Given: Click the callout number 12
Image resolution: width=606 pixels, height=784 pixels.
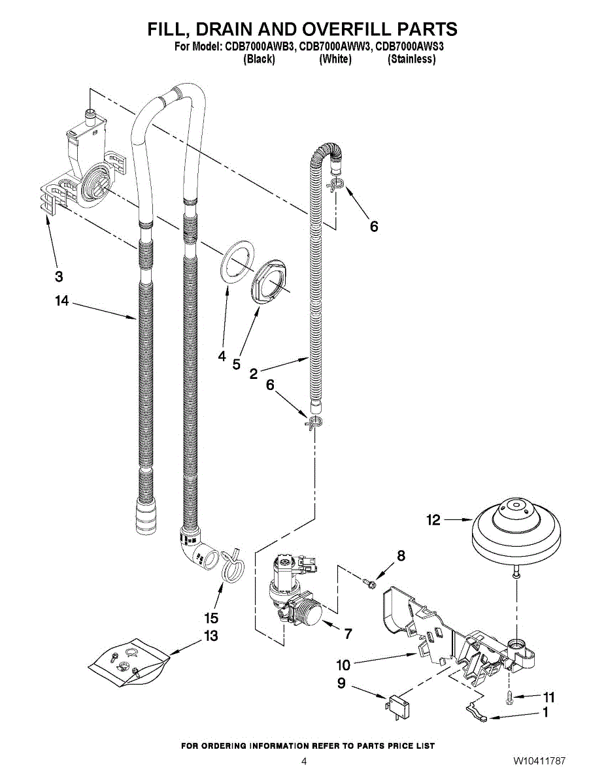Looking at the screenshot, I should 433,520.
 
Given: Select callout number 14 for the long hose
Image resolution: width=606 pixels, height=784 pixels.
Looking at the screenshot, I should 62,301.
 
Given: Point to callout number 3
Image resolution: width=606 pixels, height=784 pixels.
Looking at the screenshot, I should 59,276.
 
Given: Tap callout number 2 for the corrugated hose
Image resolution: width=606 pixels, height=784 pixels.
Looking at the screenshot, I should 254,374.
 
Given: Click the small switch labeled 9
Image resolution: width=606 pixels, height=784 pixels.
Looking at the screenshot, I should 397,706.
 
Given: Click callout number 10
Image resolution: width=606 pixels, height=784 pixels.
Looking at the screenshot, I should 343,666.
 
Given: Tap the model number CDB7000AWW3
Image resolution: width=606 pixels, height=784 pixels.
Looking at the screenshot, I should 334,47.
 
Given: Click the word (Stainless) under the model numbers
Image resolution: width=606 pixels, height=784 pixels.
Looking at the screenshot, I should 411,59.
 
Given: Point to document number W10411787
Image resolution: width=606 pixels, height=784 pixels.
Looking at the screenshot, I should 539,762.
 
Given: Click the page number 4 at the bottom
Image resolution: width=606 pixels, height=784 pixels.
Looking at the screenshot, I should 303,762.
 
